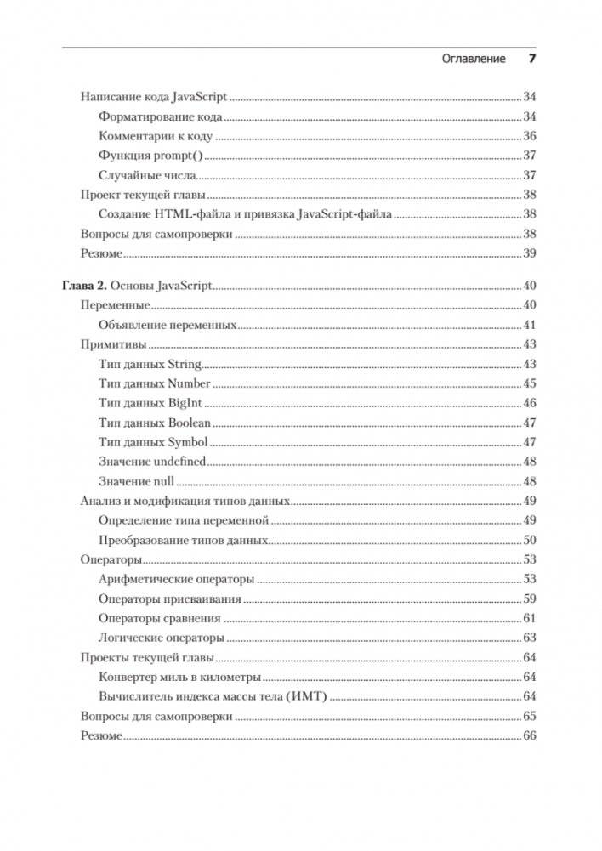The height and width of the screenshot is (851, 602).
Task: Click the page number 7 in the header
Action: (532, 59)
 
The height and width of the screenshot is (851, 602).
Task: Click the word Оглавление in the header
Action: (474, 59)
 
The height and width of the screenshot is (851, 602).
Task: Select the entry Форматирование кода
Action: (161, 116)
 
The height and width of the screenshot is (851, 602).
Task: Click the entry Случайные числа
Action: (147, 175)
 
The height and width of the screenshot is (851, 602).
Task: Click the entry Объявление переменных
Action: (167, 325)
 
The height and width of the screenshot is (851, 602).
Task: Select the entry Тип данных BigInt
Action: (150, 403)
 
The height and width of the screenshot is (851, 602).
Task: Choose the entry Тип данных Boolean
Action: (155, 423)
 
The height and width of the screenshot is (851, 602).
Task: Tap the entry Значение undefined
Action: (152, 461)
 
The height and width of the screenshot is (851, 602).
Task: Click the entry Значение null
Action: (136, 481)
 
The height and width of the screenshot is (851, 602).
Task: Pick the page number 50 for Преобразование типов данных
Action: (529, 540)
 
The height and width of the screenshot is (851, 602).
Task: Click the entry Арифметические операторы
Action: (176, 579)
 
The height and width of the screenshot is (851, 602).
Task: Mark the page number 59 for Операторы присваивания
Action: (529, 599)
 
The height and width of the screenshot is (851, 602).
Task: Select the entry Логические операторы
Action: (162, 638)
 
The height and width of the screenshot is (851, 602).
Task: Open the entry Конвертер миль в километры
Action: (179, 677)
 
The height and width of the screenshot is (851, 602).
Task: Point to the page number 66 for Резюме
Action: (529, 736)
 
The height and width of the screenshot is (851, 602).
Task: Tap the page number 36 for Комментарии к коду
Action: (529, 136)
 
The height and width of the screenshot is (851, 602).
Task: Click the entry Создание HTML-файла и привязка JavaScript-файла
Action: (245, 214)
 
